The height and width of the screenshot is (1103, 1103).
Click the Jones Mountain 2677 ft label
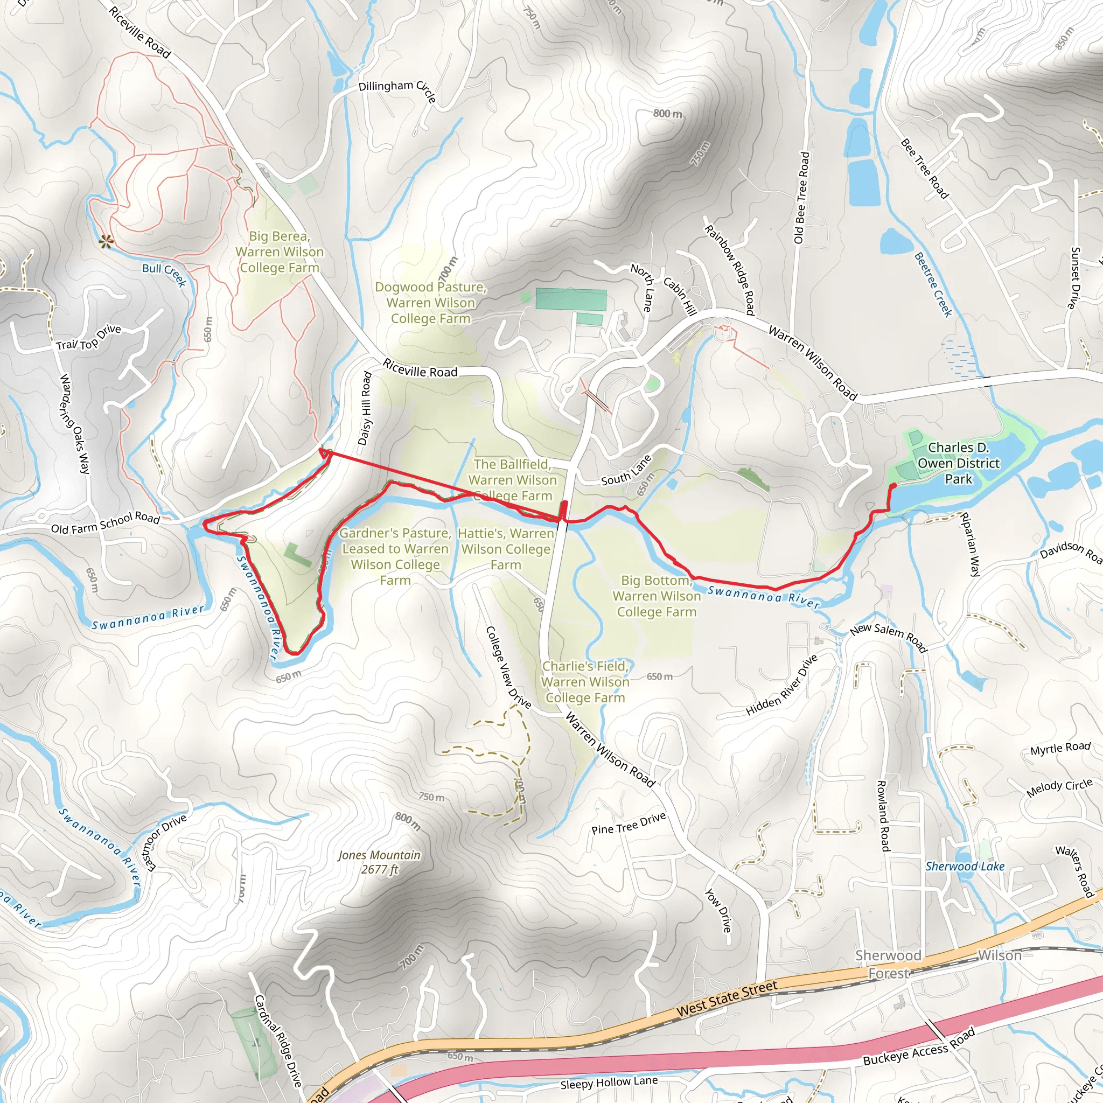(x=379, y=862)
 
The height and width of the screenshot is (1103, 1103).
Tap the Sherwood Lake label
(x=965, y=867)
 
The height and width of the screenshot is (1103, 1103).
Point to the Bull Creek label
(x=164, y=274)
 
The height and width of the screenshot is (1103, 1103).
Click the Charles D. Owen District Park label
(x=959, y=464)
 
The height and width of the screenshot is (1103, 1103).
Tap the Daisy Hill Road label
(x=365, y=408)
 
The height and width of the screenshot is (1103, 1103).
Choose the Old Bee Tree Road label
(x=801, y=198)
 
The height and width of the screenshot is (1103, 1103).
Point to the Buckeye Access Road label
(x=919, y=1048)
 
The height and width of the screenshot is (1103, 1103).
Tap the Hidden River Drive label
(x=781, y=686)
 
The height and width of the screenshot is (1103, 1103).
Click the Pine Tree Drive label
(x=629, y=823)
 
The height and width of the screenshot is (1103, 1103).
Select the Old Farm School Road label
(x=106, y=522)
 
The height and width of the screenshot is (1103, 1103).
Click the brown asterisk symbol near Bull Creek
(x=106, y=242)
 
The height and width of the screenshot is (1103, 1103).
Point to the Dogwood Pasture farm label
(x=430, y=303)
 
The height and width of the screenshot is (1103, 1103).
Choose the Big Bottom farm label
(x=657, y=596)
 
